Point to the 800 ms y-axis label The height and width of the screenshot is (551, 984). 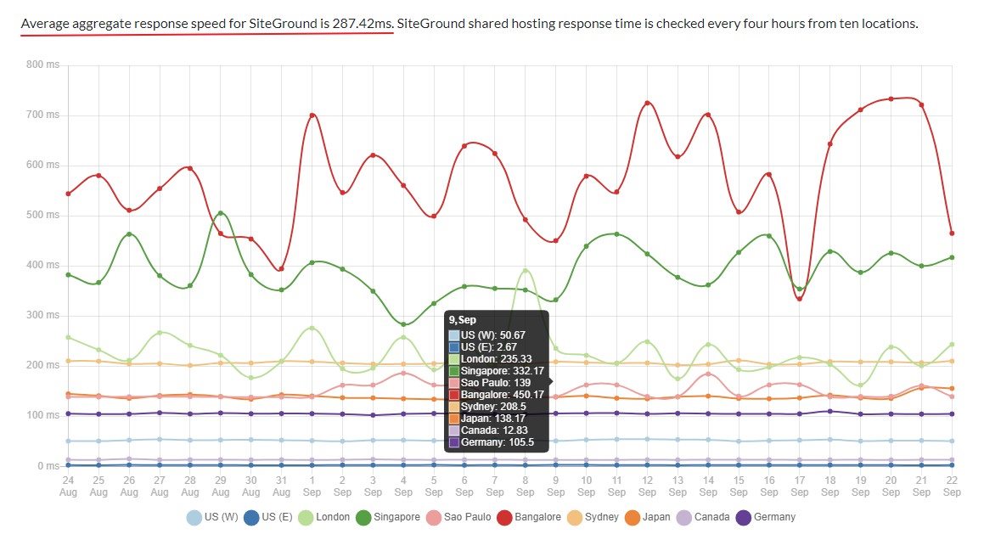pyautogui.click(x=42, y=65)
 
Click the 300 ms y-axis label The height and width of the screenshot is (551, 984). pyautogui.click(x=42, y=315)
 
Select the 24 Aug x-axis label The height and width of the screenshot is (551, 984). pyautogui.click(x=68, y=486)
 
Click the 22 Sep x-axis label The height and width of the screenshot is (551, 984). pyautogui.click(x=952, y=486)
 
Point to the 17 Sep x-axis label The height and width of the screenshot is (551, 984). pyautogui.click(x=800, y=486)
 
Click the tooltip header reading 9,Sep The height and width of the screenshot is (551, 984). pyautogui.click(x=464, y=320)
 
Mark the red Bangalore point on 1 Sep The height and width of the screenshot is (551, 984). pyautogui.click(x=312, y=115)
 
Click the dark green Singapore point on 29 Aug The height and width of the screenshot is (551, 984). pyautogui.click(x=221, y=213)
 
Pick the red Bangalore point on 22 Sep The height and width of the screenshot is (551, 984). pyautogui.click(x=952, y=233)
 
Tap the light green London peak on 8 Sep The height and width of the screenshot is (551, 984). pyautogui.click(x=526, y=270)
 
